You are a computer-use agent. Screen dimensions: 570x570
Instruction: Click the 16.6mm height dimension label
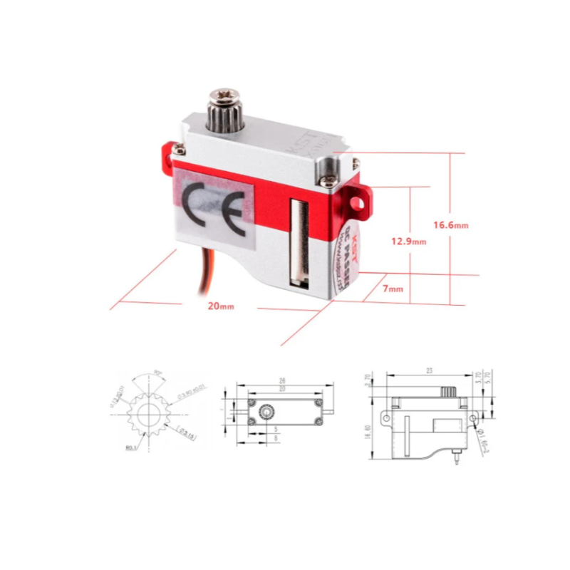pos(450,225)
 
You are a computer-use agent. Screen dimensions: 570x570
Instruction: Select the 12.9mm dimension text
pos(408,242)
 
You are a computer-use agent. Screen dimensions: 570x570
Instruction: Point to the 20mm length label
pos(220,306)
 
